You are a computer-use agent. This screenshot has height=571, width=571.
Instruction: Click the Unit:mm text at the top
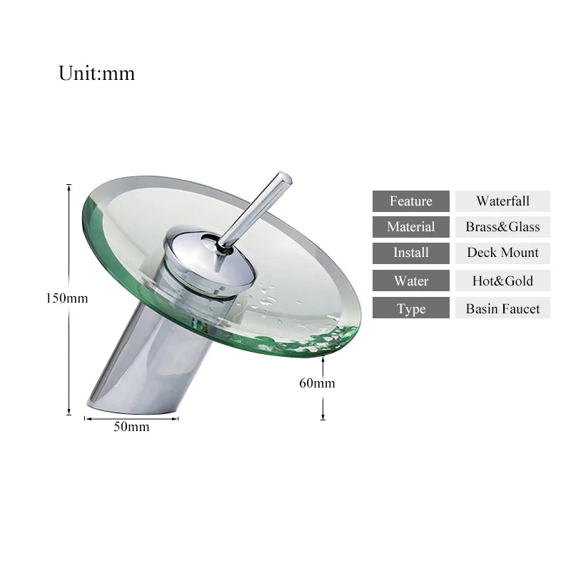pyautogui.click(x=96, y=74)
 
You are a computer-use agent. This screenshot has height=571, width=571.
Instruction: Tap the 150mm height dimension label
pyautogui.click(x=67, y=298)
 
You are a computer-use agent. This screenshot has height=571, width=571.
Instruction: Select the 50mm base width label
pyautogui.click(x=131, y=427)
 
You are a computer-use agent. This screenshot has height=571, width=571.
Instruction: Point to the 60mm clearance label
pyautogui.click(x=317, y=383)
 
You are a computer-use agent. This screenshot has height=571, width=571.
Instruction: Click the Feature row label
pyautogui.click(x=410, y=201)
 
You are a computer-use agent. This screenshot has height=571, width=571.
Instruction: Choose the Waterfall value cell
pyautogui.click(x=502, y=201)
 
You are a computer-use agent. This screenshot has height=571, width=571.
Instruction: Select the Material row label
pyautogui.click(x=410, y=227)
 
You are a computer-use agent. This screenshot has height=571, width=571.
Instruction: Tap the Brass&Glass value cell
pyautogui.click(x=502, y=227)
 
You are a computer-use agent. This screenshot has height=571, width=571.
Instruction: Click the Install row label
pyautogui.click(x=410, y=253)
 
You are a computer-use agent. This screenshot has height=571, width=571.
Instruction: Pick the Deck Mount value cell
pyautogui.click(x=502, y=253)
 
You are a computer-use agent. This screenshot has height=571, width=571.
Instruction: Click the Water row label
pyautogui.click(x=410, y=281)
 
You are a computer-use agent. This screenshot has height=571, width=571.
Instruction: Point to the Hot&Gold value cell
pyautogui.click(x=502, y=281)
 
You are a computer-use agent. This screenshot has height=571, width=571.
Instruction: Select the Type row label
pyautogui.click(x=410, y=308)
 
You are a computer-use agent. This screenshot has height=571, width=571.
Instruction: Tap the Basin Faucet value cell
pyautogui.click(x=502, y=308)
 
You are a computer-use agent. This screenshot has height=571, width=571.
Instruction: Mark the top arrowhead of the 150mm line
pyautogui.click(x=69, y=187)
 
